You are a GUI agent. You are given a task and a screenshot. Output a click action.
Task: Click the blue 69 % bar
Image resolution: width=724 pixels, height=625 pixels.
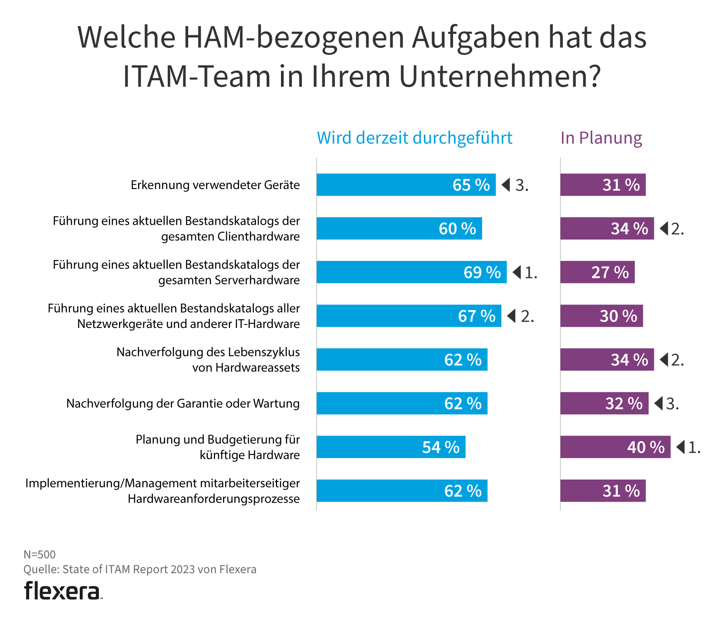(411, 272)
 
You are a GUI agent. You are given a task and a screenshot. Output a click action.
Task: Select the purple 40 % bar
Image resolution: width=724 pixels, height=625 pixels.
(615, 447)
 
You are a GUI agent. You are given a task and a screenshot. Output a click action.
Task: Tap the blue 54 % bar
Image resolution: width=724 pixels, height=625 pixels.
(391, 447)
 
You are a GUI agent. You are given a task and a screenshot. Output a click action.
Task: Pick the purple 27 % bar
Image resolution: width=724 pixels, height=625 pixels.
(597, 272)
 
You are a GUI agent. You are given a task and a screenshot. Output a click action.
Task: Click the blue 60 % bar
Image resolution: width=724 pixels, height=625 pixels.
(399, 228)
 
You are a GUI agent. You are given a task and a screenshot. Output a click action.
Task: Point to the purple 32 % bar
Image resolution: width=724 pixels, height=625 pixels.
(604, 403)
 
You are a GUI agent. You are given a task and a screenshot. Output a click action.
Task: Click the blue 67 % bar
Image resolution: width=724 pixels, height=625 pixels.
(409, 316)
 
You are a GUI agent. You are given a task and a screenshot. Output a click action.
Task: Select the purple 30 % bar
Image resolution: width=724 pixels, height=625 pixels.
(601, 316)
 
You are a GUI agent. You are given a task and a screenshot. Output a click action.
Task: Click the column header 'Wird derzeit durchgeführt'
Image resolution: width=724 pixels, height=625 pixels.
(414, 138)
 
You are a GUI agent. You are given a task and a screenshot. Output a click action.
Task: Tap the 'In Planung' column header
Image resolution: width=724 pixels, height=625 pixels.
(601, 138)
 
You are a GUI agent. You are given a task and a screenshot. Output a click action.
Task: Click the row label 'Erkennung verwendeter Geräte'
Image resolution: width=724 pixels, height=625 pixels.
(215, 185)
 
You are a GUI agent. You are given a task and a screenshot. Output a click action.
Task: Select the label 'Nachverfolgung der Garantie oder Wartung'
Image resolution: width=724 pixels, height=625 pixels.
(183, 404)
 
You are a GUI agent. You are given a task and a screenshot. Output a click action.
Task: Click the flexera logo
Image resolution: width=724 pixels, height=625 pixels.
(63, 591)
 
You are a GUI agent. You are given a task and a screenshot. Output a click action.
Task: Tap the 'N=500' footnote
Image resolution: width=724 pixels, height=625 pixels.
(40, 554)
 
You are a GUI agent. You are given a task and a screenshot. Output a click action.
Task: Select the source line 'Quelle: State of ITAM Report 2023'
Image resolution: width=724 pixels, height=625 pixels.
(140, 569)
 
